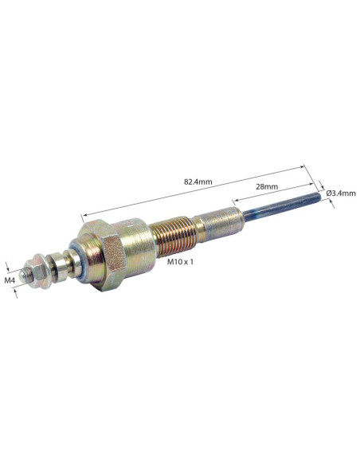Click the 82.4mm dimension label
tap(198, 182)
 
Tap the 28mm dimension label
tap(267, 186)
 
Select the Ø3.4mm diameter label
tap(341, 193)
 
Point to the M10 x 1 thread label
tap(180, 261)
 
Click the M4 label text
tap(10, 280)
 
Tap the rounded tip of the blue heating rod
tap(319, 196)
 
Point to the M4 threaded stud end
tap(24, 275)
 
